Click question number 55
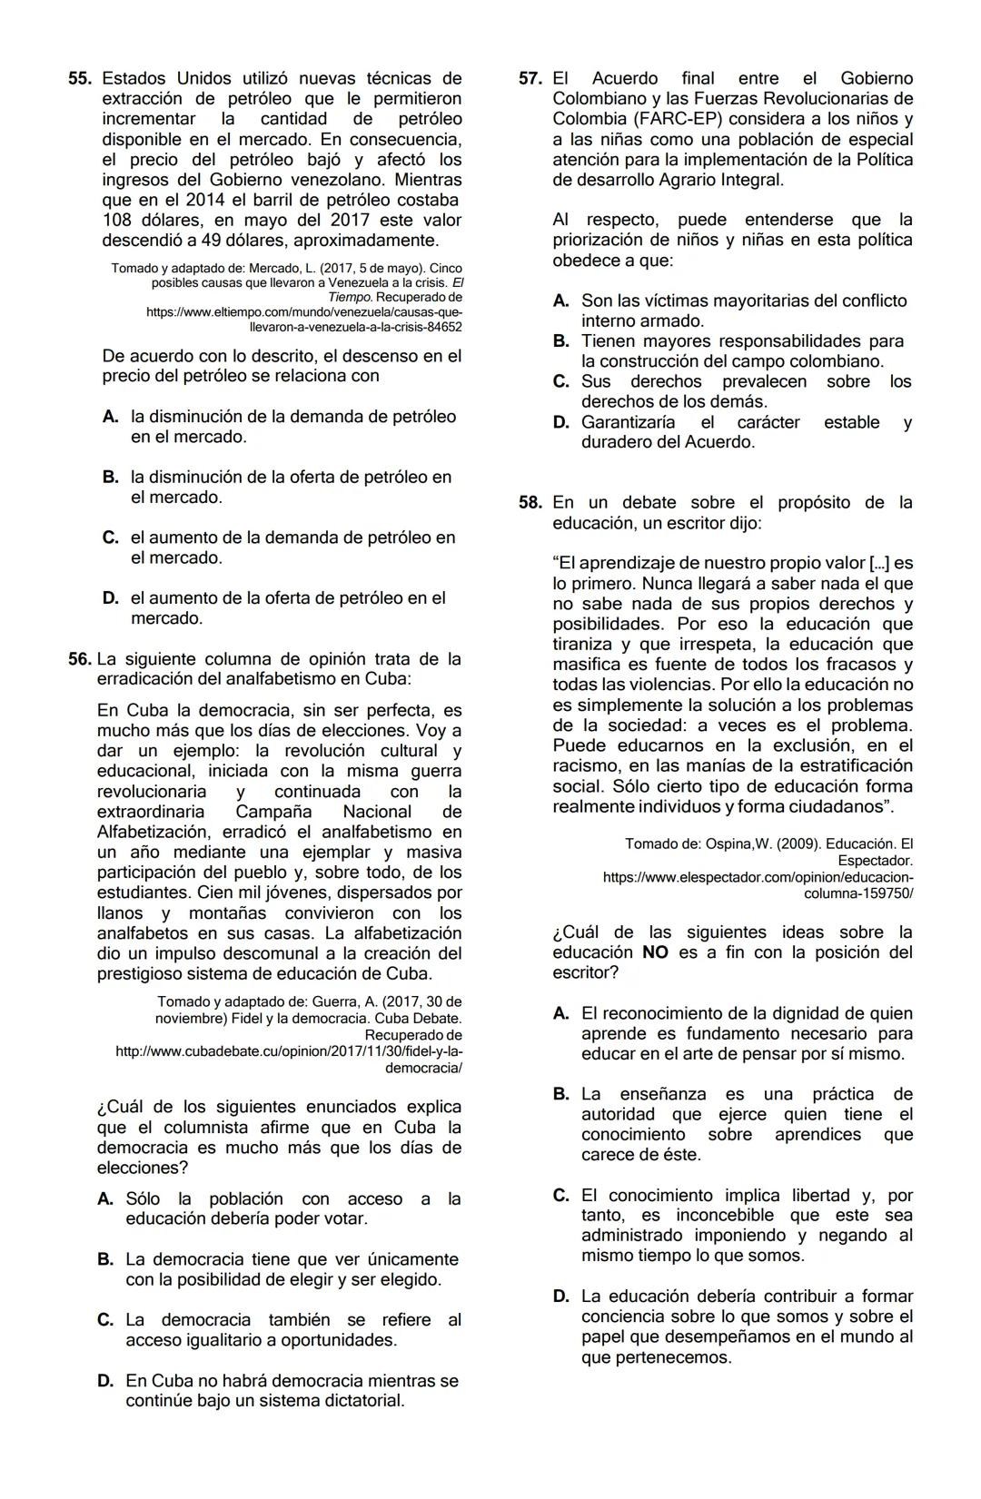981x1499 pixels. coord(80,79)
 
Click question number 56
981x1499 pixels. coord(80,659)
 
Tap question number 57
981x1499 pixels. coord(530,79)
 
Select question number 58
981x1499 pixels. coord(530,503)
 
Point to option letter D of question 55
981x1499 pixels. coord(110,598)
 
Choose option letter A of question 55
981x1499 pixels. coord(110,417)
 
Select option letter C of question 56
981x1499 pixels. coord(105,1320)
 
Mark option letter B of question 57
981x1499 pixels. coord(560,341)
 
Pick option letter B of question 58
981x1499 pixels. coord(560,1094)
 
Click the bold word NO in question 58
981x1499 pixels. coord(655,952)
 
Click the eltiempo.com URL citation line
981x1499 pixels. coord(303,311)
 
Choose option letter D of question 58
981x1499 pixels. coord(560,1297)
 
